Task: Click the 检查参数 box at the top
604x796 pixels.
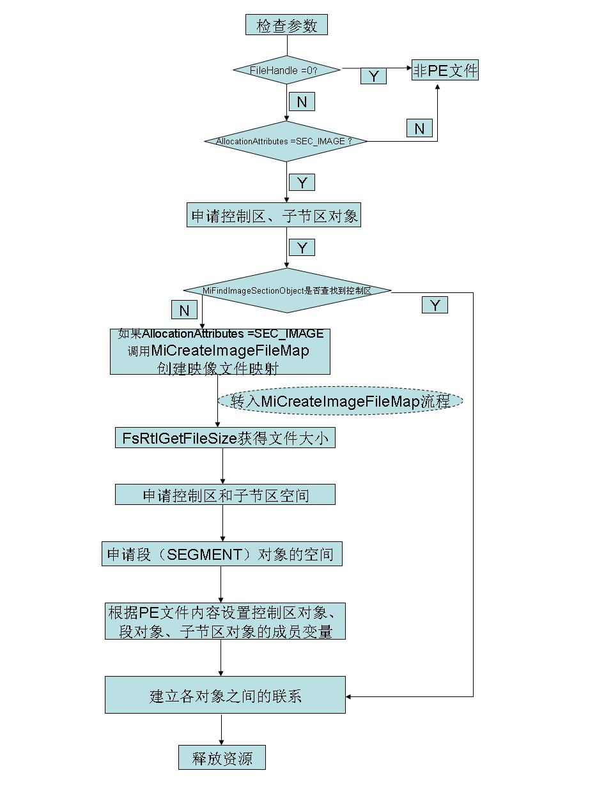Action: point(286,26)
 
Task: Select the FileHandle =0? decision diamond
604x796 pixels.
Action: point(286,70)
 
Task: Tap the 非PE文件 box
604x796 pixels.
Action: point(445,70)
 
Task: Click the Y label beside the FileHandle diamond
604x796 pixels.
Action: point(374,77)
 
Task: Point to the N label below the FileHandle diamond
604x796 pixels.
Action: point(302,101)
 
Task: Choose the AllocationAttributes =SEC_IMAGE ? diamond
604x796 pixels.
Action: point(286,141)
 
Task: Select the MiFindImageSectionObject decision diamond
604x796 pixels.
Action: point(287,290)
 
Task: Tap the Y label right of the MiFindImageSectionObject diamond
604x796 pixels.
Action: point(435,305)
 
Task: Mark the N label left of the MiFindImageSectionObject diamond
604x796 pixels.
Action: point(184,310)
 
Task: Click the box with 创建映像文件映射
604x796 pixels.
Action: point(220,351)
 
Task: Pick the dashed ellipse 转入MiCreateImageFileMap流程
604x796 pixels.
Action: point(340,401)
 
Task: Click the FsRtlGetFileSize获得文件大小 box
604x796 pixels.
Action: point(225,439)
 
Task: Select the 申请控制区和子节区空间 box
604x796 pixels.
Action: point(225,495)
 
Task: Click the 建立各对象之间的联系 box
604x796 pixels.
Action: point(225,695)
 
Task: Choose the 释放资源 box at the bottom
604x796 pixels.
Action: point(222,758)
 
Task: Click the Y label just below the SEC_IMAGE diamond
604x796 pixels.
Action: point(302,183)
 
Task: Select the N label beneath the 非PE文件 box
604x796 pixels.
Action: point(419,128)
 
